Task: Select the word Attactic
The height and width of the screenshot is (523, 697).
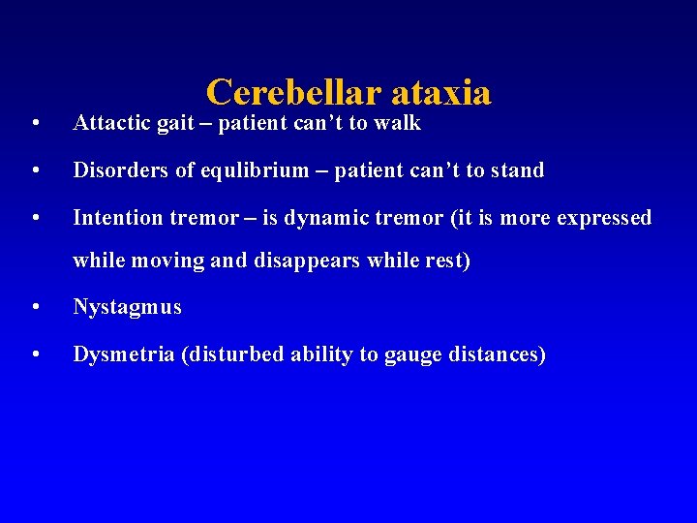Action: click(111, 123)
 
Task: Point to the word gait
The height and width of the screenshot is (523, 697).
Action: click(175, 123)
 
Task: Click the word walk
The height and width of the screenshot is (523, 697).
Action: click(401, 123)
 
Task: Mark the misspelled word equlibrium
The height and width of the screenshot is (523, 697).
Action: click(240, 170)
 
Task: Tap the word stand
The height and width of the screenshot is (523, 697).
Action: click(517, 170)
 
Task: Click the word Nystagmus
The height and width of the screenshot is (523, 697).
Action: click(127, 308)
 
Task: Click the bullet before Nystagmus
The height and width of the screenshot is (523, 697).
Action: click(35, 309)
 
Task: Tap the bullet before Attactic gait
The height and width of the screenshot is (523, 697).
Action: click(35, 124)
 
